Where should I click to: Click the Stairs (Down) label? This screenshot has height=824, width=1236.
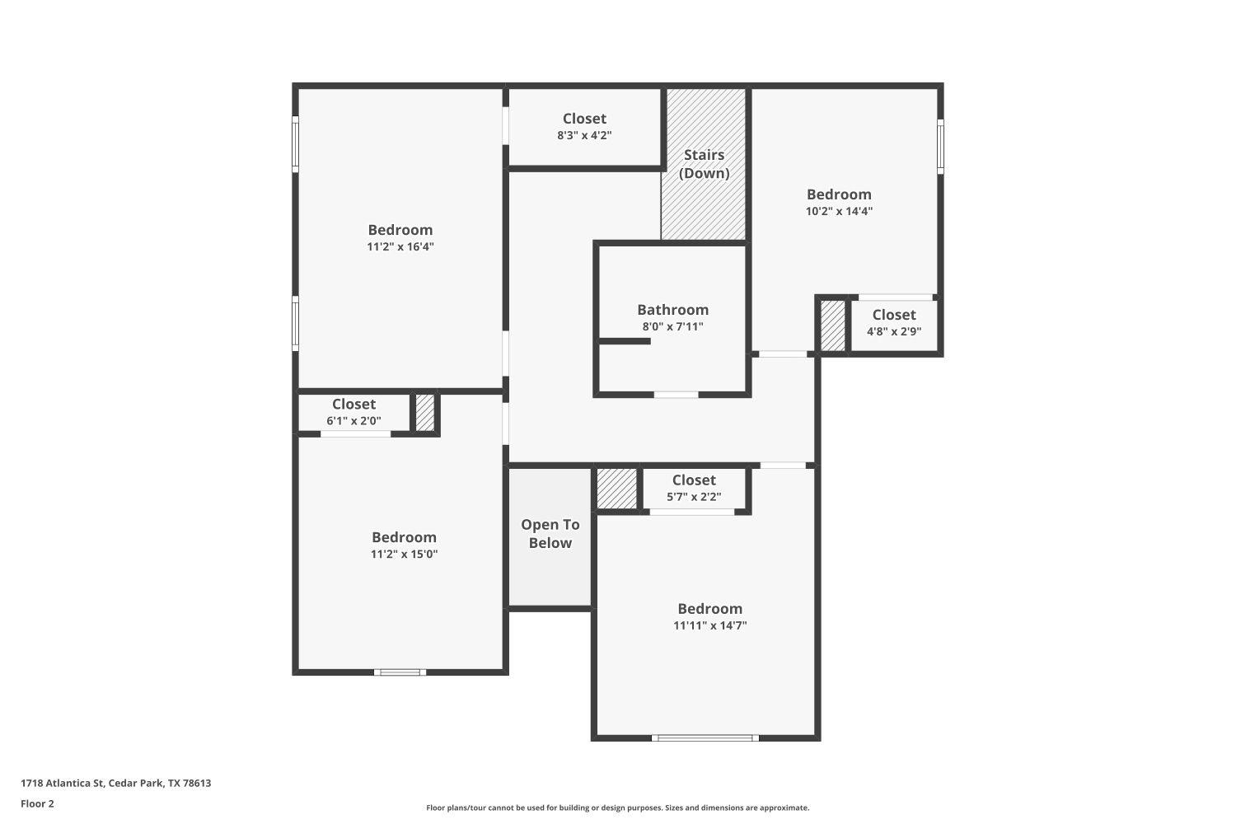704,164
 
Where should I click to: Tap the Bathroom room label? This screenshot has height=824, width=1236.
672,310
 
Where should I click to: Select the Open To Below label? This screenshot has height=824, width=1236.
550,534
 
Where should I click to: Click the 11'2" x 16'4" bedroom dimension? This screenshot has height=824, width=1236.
400,246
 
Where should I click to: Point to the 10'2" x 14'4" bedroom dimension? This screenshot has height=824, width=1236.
839,211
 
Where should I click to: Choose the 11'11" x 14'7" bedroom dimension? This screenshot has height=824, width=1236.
709,625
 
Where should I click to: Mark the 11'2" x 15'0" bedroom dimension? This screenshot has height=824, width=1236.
404,554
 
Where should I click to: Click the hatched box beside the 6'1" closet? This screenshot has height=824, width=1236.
424,413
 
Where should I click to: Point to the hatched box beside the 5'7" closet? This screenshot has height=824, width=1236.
616,488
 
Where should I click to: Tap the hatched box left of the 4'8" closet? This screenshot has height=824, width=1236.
832,326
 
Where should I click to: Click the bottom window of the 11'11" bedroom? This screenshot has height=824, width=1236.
705,737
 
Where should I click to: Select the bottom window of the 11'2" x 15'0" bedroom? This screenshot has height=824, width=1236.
400,672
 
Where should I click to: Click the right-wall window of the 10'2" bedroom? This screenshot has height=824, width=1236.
940,146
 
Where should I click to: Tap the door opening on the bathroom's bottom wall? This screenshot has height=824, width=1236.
676,395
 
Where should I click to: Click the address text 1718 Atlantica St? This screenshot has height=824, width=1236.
115,783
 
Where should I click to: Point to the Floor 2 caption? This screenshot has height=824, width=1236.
37,803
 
